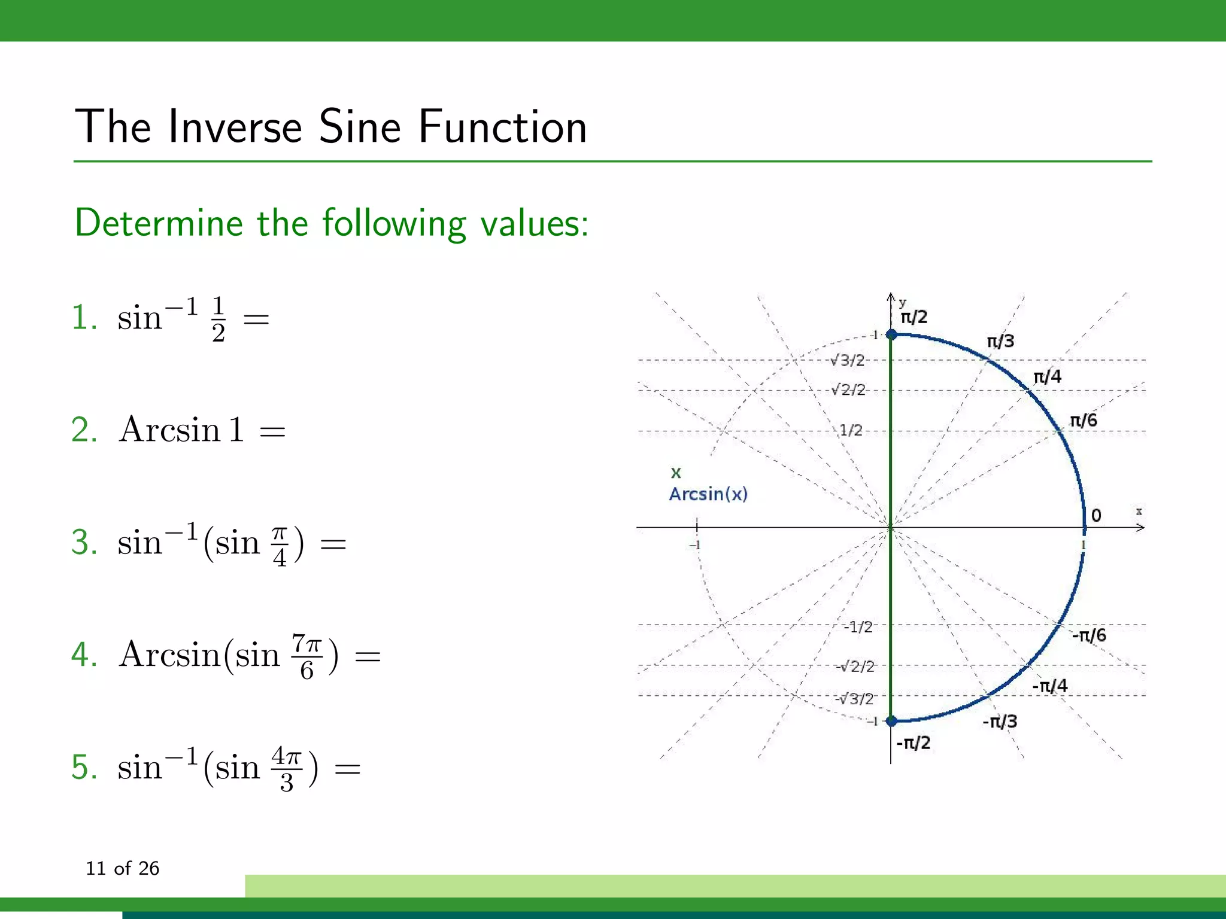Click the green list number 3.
[84, 543]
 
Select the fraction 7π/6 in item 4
[307, 656]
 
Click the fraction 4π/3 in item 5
[287, 769]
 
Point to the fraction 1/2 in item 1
[219, 319]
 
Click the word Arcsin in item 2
[170, 430]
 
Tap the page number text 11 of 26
[122, 868]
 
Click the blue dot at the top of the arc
[891, 334]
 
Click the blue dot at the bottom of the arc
[891, 721]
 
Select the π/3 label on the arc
[1000, 341]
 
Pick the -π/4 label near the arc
[1049, 686]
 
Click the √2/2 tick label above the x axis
[848, 390]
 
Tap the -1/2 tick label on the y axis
[858, 626]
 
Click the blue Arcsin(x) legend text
[708, 494]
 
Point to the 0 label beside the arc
[1096, 515]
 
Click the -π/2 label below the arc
[913, 743]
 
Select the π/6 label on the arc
[1083, 420]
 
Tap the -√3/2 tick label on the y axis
[854, 698]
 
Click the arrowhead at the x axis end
[1140, 527]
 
